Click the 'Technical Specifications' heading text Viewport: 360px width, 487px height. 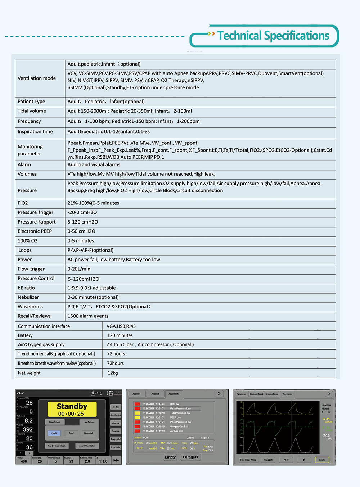tap(273, 36)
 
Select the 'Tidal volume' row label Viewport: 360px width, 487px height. tap(32, 111)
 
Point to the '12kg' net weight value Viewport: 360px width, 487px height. tap(113, 373)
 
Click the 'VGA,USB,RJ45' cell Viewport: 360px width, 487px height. tap(121, 326)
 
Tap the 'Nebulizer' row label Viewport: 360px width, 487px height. tap(28, 297)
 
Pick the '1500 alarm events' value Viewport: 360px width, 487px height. tap(88, 316)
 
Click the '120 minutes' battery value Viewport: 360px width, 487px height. tap(120, 335)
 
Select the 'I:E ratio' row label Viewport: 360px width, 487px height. tap(26, 288)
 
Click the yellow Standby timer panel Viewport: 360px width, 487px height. tap(72, 410)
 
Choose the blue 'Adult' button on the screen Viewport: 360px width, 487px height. tap(54, 433)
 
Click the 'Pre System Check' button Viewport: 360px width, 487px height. tap(57, 446)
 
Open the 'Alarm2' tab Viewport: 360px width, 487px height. tap(155, 394)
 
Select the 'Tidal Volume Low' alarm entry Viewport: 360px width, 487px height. tap(180, 413)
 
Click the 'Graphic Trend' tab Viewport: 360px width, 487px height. tap(272, 394)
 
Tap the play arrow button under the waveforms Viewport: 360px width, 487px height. tap(304, 460)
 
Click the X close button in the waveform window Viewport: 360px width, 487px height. tap(329, 394)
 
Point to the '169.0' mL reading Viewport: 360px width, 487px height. tap(326, 436)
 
